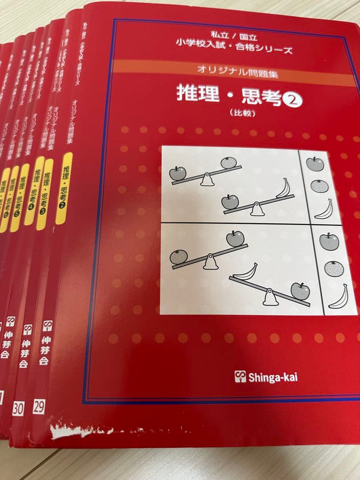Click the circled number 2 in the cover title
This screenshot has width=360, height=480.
pos(292,101)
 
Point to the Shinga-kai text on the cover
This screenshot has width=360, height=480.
pos(272,378)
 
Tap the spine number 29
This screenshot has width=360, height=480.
pos(39,406)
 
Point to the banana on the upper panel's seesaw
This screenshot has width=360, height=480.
pos(284,188)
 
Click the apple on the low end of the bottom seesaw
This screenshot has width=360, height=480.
pos(300,291)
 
